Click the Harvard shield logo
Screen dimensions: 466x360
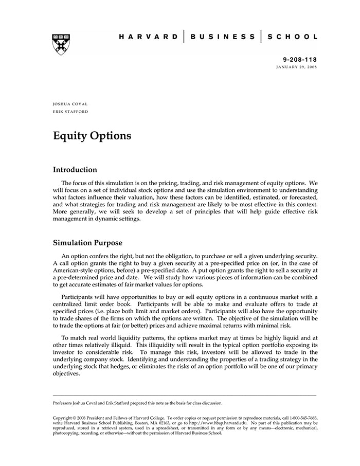point(61,45)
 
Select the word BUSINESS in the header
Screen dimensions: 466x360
point(222,37)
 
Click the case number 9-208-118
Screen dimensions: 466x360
point(300,60)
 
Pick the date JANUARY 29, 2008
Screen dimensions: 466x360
point(297,67)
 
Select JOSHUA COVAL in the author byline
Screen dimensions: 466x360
point(70,104)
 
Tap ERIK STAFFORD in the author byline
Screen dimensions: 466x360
point(70,111)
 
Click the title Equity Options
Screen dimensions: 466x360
point(92,136)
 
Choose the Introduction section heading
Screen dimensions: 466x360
point(75,170)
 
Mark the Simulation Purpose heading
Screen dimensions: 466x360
point(87,243)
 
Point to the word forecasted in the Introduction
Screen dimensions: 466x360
point(301,197)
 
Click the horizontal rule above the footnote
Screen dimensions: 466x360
point(185,396)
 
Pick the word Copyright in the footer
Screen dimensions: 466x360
point(64,418)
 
